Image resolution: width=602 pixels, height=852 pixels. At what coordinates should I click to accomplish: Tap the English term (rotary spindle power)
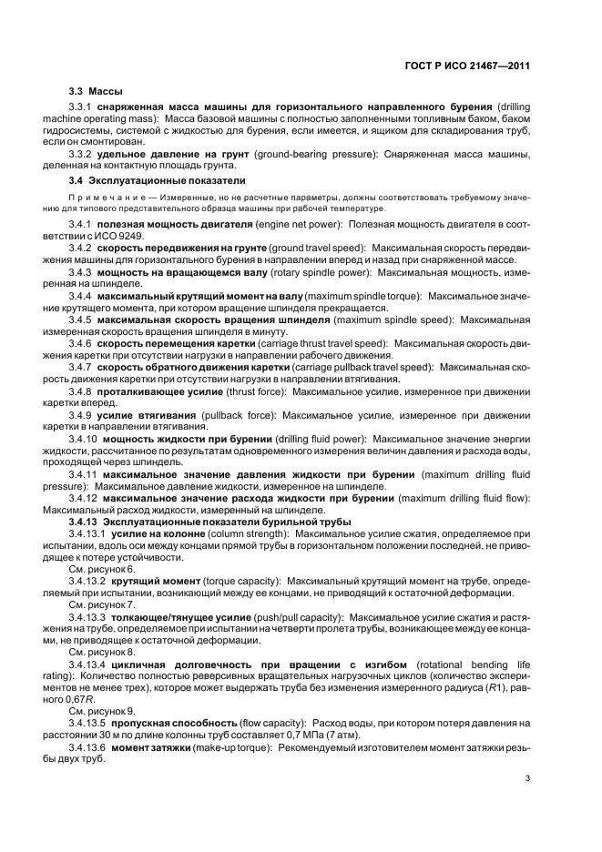pos(321,272)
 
